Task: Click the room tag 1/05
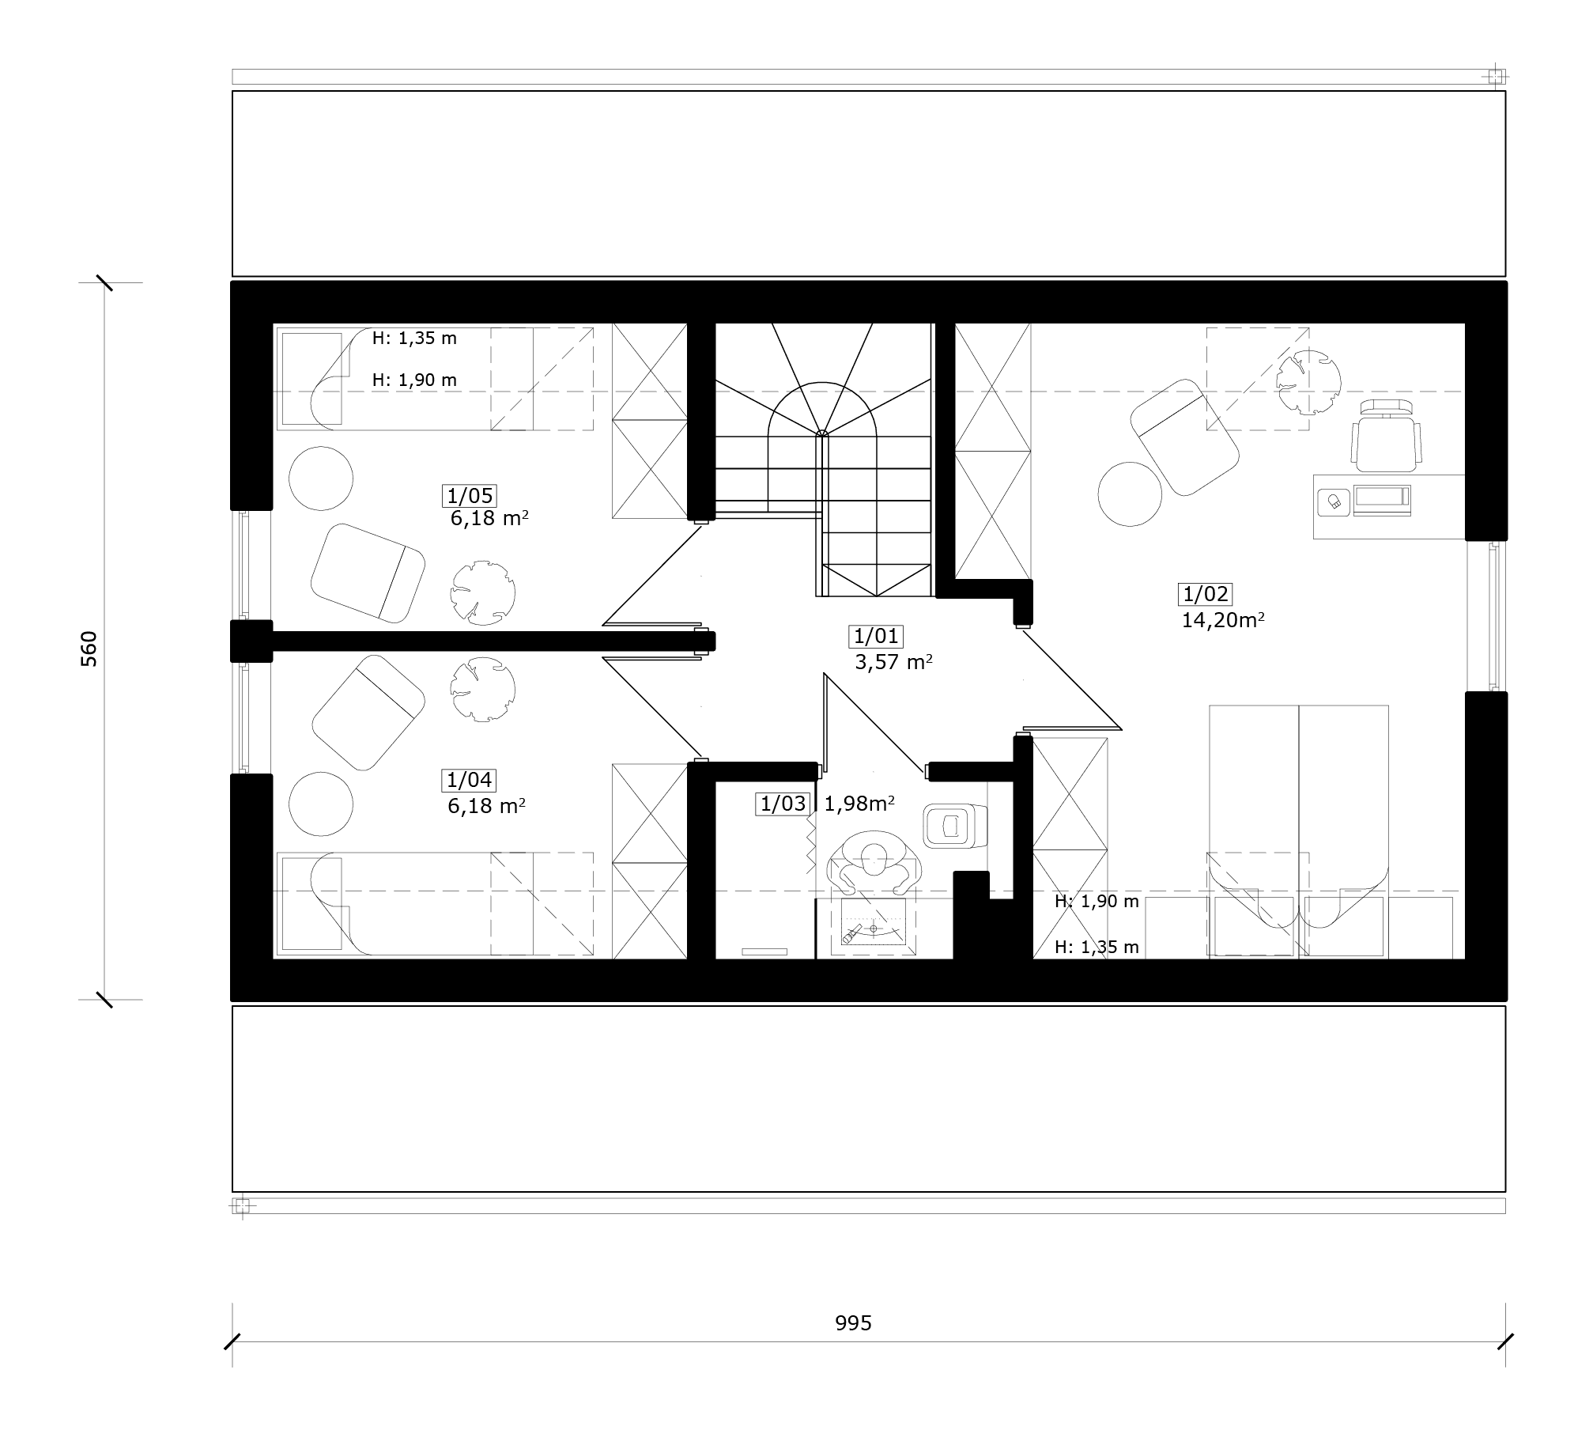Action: coord(470,496)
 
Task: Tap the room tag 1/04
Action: coord(469,781)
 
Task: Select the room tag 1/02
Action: coord(1206,594)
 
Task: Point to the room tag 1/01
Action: coord(876,636)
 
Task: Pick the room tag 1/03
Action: coord(783,804)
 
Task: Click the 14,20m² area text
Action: coord(1223,620)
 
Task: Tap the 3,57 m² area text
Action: coord(893,662)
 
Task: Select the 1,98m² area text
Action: coord(859,804)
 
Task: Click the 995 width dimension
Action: coord(853,1323)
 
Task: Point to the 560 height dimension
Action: coord(89,648)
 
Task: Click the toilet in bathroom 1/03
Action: coord(955,826)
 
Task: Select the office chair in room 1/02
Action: coord(1387,436)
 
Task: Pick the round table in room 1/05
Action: coord(321,479)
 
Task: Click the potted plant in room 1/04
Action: coord(483,689)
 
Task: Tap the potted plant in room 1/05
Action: coord(483,592)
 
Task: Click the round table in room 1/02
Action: coord(1131,494)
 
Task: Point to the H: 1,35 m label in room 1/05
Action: coord(414,339)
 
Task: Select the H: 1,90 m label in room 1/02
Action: coord(1097,901)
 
